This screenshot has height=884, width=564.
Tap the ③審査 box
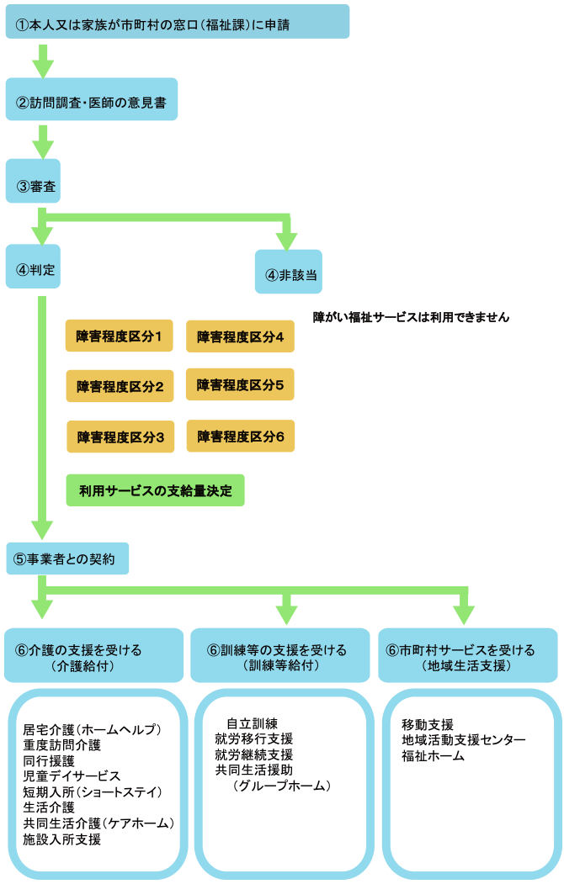pyautogui.click(x=33, y=180)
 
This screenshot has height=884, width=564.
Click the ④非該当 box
pyautogui.click(x=288, y=273)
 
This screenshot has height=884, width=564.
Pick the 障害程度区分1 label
pyautogui.click(x=119, y=337)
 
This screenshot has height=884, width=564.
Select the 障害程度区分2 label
pyautogui.click(x=120, y=386)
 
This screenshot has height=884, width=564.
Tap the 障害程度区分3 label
pyautogui.click(x=120, y=437)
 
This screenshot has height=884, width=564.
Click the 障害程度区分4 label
pyautogui.click(x=240, y=337)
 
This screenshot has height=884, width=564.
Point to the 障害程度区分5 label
pyautogui.click(x=240, y=385)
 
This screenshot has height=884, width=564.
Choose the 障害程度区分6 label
pyautogui.click(x=240, y=437)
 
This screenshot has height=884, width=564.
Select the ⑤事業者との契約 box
pyautogui.click(x=67, y=558)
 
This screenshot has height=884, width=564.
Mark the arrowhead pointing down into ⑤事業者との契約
pyautogui.click(x=40, y=529)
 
